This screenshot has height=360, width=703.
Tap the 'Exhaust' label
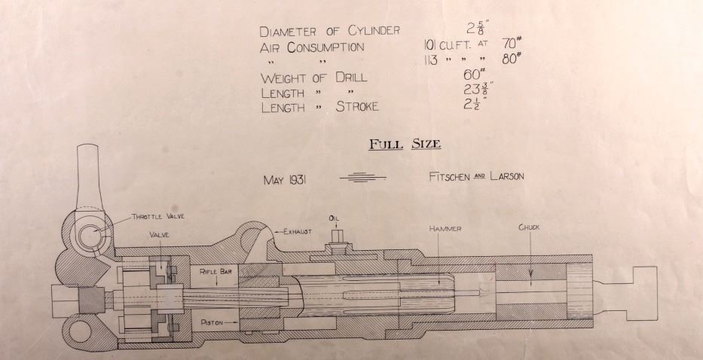coord(296,231)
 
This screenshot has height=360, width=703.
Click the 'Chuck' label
coord(529,227)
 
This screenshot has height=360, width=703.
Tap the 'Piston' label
coord(215,322)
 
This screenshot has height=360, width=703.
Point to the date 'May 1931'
coord(289,180)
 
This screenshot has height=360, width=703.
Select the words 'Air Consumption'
coord(312,47)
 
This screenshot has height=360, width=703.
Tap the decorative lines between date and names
coord(362,178)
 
